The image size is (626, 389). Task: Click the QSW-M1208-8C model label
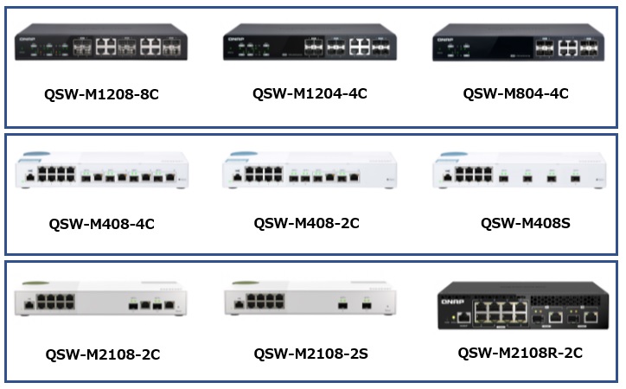(x=101, y=95)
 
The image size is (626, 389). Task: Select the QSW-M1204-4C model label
(x=310, y=93)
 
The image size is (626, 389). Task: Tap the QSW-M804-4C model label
(x=515, y=93)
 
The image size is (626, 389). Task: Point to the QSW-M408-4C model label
(x=101, y=224)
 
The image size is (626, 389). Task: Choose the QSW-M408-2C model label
(x=306, y=223)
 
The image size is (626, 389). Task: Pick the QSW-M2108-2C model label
(x=102, y=354)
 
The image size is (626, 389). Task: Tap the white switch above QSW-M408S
(x=516, y=172)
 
